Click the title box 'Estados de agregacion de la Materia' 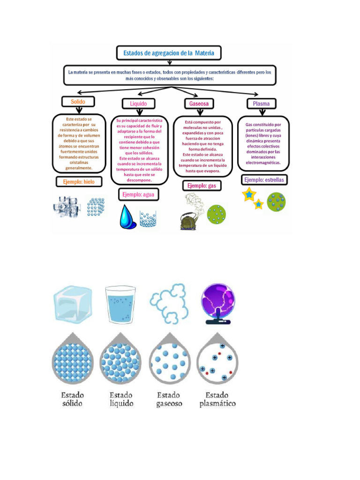(x=169, y=53)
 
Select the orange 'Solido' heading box (x=78, y=102)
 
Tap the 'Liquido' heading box (x=138, y=104)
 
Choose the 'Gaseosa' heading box (x=199, y=104)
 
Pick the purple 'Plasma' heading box (x=262, y=104)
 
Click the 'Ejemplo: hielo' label (x=79, y=181)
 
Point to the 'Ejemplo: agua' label (x=138, y=195)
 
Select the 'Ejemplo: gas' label (x=202, y=186)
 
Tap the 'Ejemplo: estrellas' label (x=264, y=180)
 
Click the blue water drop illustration (x=127, y=217)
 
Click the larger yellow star (x=249, y=195)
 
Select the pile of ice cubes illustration (x=67, y=207)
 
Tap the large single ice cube (x=73, y=303)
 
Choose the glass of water (x=120, y=304)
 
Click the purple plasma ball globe (x=218, y=304)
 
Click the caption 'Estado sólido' (x=73, y=399)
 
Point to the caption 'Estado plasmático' (x=217, y=399)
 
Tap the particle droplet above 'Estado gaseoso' (x=170, y=359)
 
